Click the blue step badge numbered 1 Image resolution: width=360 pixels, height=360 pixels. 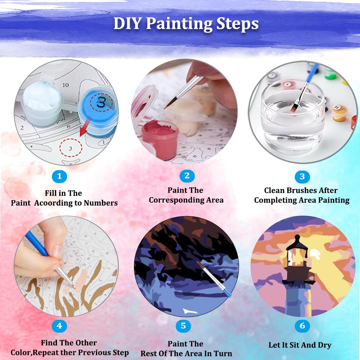[59, 176]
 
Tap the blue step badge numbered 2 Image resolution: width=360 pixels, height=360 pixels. [187, 176]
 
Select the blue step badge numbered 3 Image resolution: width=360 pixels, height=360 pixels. [302, 176]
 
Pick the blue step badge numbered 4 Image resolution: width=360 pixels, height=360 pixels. [59, 325]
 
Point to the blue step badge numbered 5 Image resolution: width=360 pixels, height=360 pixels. [183, 325]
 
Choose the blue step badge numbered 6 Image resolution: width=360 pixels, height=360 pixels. [302, 325]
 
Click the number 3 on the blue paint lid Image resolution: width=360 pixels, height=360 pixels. [101, 102]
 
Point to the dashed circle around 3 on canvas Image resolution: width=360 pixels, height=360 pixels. [71, 148]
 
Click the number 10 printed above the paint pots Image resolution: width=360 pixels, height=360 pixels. [66, 85]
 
